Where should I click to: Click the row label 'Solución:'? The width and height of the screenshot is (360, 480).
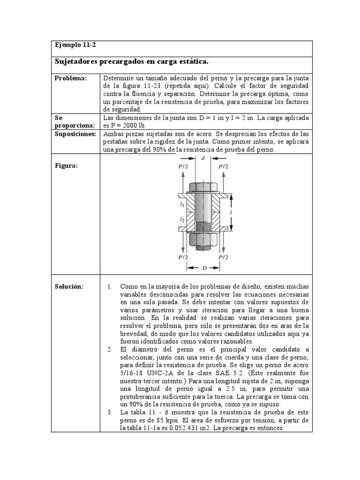pyautogui.click(x=68, y=286)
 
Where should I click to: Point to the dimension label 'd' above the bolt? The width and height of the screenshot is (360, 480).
pyautogui.click(x=203, y=158)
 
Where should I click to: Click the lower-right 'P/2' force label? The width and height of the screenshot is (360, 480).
pyautogui.click(x=223, y=257)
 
